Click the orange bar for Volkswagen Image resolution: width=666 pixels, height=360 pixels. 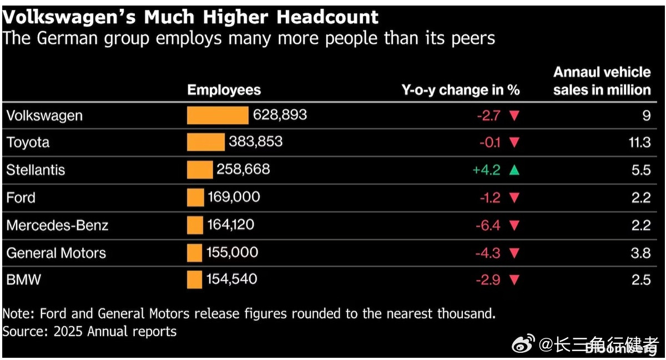click(x=218, y=115)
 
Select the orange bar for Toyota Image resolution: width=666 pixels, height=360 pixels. click(x=206, y=142)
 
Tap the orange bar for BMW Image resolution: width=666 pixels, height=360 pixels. click(x=194, y=280)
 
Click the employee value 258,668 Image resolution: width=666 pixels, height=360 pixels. click(x=243, y=169)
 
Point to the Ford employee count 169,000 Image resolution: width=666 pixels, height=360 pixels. click(x=234, y=197)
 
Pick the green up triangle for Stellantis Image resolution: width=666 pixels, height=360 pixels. click(x=514, y=170)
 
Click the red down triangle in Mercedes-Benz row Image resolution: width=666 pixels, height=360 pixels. click(x=514, y=225)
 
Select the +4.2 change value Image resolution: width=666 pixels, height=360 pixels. click(x=486, y=170)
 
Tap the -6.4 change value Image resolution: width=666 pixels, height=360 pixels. click(x=488, y=226)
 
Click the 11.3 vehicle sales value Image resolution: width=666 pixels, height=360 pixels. click(x=639, y=143)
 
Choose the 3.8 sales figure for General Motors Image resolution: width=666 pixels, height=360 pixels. click(x=640, y=253)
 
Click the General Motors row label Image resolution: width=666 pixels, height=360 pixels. click(x=56, y=253)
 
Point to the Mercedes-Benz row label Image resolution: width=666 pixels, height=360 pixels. click(x=57, y=225)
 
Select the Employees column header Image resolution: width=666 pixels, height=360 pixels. click(x=224, y=90)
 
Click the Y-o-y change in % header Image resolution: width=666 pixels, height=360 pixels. click(x=461, y=90)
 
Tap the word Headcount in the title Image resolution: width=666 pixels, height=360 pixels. click(x=327, y=17)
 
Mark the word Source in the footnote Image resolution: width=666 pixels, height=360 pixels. click(x=25, y=332)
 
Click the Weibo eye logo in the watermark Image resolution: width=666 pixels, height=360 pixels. click(x=523, y=343)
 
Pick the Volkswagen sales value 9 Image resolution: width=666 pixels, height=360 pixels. click(x=647, y=115)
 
